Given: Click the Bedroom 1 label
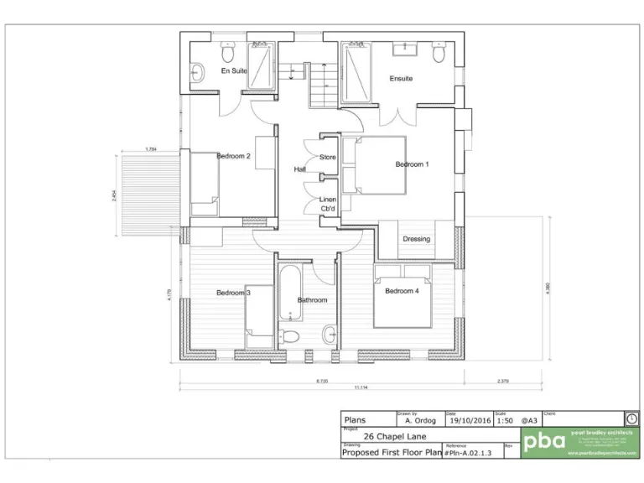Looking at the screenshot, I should pos(412,164).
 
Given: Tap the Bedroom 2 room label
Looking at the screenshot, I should pos(234,156).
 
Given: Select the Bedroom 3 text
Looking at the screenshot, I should pos(233,293).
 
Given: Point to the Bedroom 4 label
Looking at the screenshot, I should pos(402,291).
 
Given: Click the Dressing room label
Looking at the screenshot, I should pos(416,239).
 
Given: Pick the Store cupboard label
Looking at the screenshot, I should pos(327,157).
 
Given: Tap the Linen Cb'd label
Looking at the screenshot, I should pos(328,204).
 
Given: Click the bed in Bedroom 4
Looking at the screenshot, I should pos(402,298).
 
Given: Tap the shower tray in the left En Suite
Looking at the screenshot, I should pos(261,65).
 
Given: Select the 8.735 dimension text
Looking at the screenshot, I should pos(322,381).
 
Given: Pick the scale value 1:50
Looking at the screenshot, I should pos(505,422).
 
